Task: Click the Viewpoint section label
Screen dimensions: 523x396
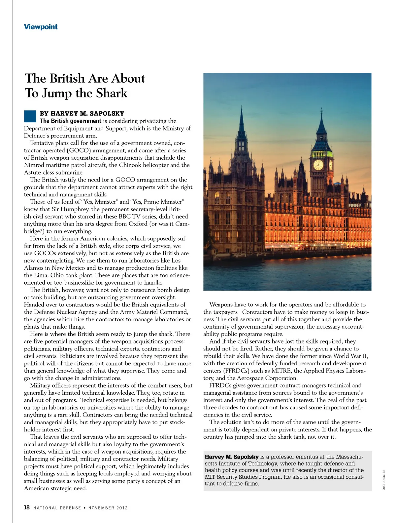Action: pos(41,27)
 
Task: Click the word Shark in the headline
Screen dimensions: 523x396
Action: pos(112,93)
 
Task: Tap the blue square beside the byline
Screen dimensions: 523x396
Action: pos(30,116)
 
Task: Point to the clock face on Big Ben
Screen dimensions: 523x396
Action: pos(318,164)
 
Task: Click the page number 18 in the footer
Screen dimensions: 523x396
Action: pos(27,507)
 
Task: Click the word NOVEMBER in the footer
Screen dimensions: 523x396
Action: pos(101,508)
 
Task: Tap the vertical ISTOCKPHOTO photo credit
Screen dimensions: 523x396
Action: pos(383,480)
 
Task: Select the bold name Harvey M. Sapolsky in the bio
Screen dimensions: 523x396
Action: pos(231,457)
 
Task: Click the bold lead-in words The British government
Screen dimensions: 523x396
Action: pos(70,121)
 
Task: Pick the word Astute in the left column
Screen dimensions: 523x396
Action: pos(32,173)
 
